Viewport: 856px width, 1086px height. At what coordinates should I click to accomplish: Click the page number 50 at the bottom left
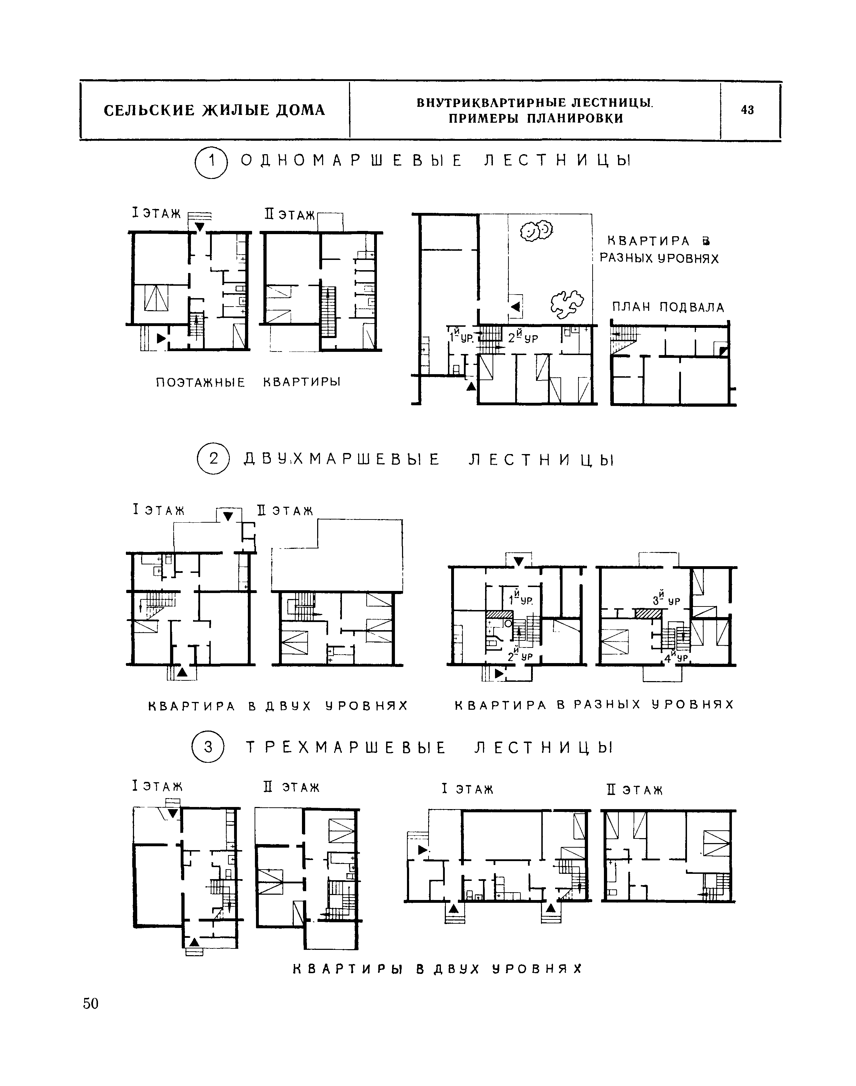[x=91, y=1003]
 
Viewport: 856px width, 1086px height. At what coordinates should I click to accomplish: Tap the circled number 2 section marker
[x=214, y=459]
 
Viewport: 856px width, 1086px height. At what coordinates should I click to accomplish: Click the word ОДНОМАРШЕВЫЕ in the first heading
[x=352, y=161]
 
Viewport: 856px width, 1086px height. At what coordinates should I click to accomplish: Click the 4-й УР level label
[x=676, y=657]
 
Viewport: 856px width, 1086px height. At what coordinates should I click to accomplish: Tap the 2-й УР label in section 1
[x=523, y=337]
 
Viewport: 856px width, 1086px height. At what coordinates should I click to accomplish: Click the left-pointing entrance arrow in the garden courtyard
[x=515, y=307]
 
